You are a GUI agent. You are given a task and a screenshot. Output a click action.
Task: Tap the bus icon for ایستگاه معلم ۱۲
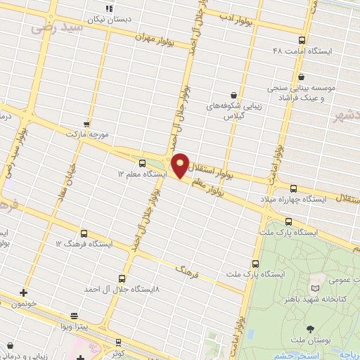[143, 162]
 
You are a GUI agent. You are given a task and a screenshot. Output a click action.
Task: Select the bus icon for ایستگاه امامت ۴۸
[302, 40]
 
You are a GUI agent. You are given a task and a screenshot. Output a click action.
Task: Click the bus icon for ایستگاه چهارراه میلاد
[293, 188]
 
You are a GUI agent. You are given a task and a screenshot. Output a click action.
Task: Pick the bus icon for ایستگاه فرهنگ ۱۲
[84, 233]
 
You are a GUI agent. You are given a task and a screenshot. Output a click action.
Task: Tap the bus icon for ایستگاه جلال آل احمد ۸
[122, 278]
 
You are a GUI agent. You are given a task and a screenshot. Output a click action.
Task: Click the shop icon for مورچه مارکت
[86, 122]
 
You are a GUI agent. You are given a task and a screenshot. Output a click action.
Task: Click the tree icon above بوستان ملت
[311, 328]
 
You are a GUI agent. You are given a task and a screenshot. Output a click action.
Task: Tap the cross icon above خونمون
[24, 292]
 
